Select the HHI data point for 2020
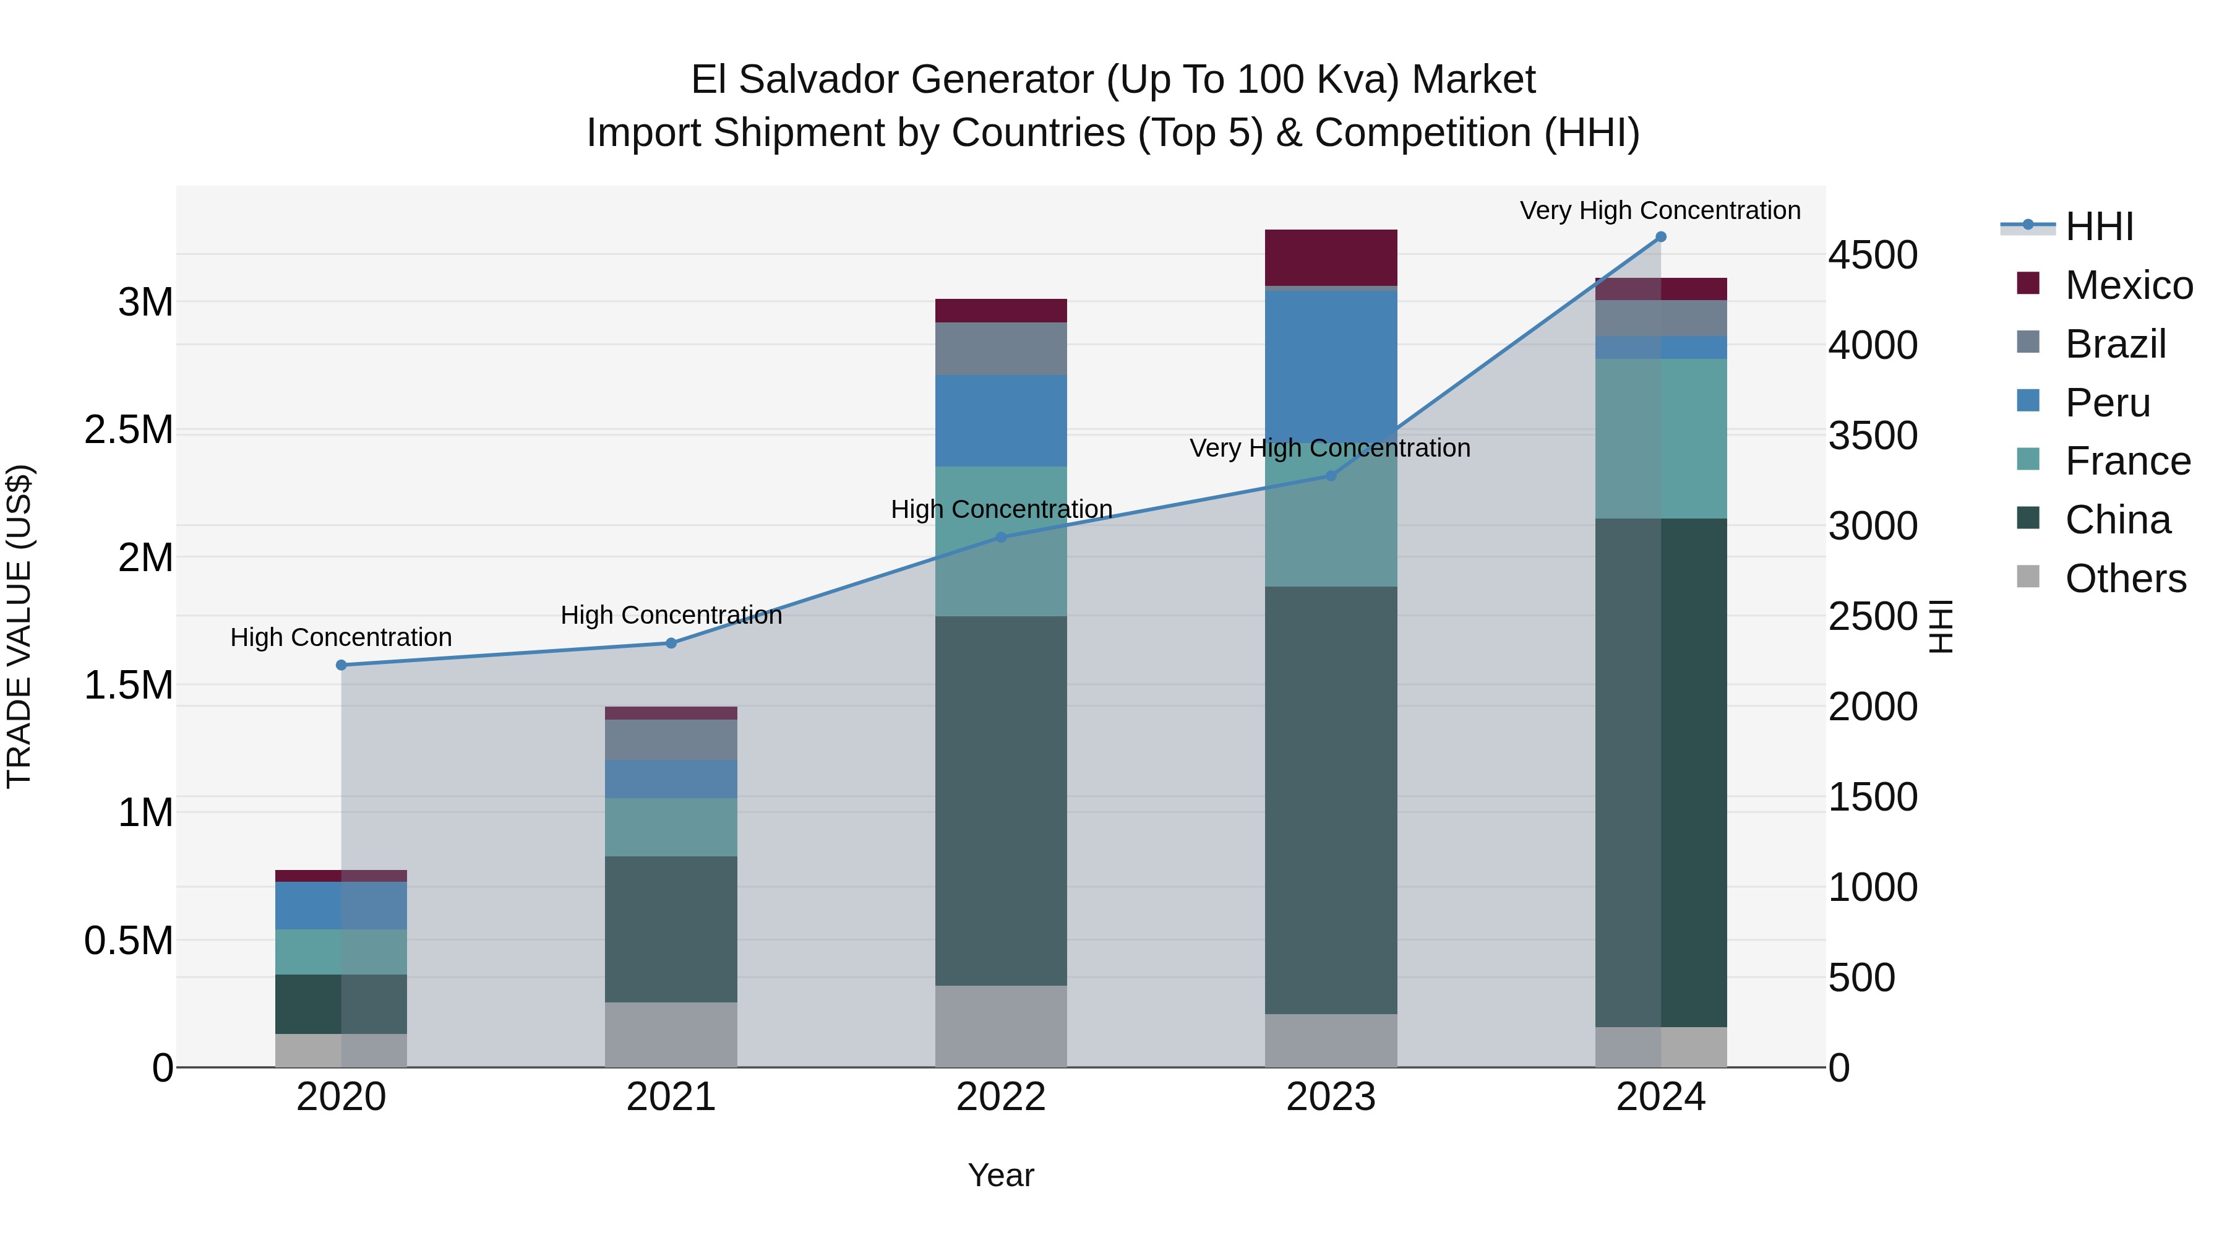point(341,665)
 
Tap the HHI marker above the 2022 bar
point(1001,537)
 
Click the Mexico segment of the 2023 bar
point(1331,257)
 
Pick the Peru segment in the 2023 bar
point(1331,363)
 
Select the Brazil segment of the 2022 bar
point(1001,348)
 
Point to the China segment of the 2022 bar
point(1001,800)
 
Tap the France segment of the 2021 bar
point(671,827)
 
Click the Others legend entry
point(2125,579)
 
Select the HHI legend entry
point(2099,226)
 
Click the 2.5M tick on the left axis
point(128,430)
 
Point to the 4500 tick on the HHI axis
point(1873,255)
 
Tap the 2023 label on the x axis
point(1331,1097)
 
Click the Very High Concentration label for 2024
point(1660,210)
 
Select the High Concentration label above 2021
point(671,615)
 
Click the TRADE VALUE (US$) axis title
point(19,626)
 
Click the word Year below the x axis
point(1000,1175)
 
